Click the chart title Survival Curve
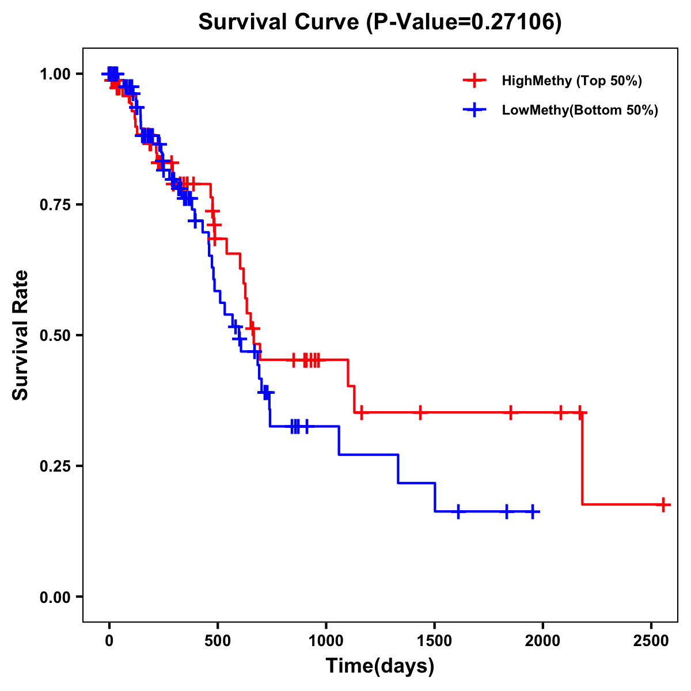click(379, 22)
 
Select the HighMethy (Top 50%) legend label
click(572, 81)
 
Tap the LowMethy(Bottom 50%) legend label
click(580, 111)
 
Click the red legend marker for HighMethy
click(474, 81)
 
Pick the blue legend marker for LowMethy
click(474, 111)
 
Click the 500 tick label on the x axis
click(218, 639)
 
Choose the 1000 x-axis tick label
click(326, 639)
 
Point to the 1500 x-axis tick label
click(434, 639)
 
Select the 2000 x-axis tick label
click(543, 639)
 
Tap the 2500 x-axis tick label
click(651, 639)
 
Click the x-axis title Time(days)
click(380, 666)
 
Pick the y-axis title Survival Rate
click(21, 335)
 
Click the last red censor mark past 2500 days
click(663, 504)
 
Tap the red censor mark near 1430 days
click(420, 412)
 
